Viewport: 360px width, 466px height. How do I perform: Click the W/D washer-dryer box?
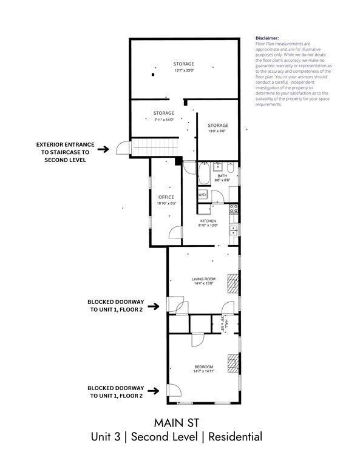[x=203, y=194]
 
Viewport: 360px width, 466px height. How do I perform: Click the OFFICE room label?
[x=166, y=197]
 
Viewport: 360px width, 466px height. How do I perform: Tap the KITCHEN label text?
[x=208, y=221]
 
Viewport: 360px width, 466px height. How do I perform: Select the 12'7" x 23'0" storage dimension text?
[x=183, y=71]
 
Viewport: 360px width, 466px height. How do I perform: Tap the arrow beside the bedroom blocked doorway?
[x=155, y=391]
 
